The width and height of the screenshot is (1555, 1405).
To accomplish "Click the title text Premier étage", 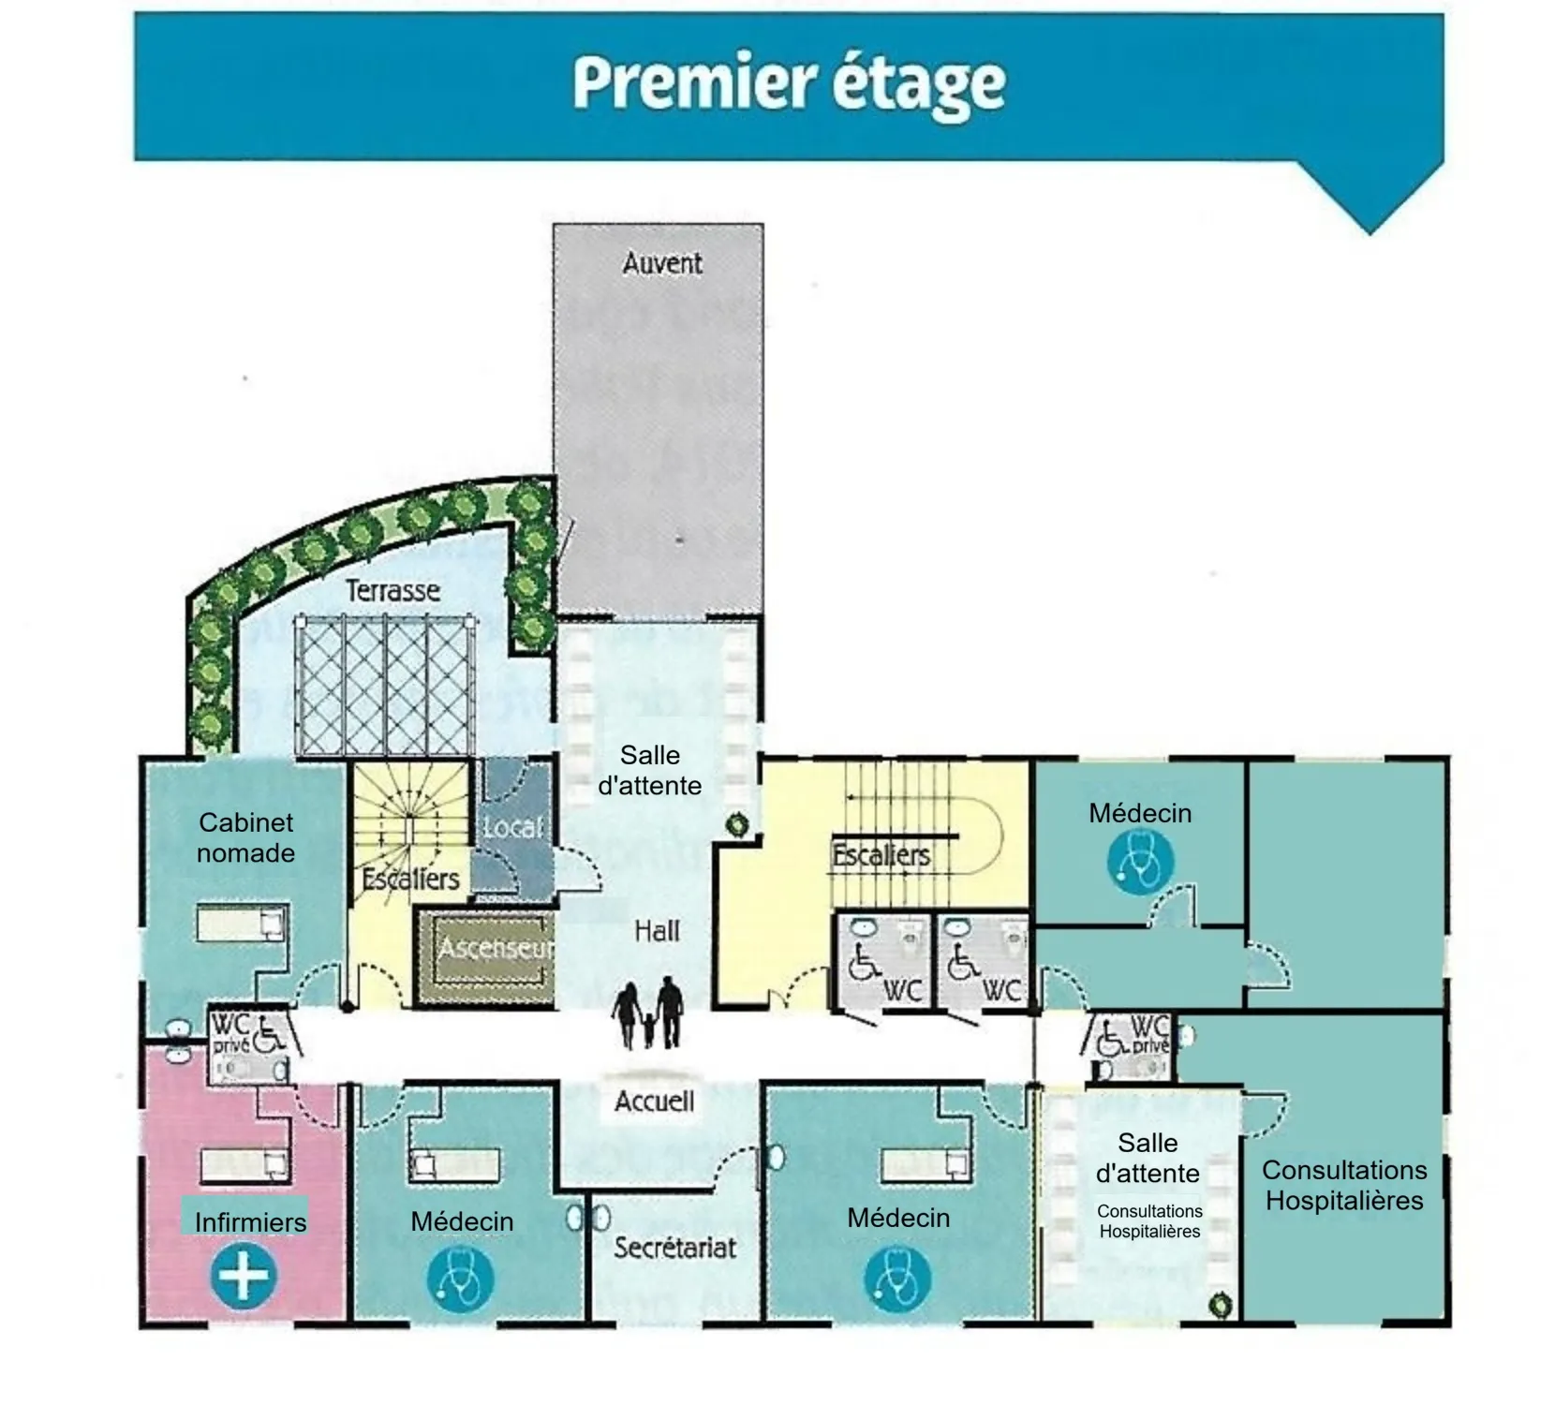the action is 789,85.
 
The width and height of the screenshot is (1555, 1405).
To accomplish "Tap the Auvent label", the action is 662,263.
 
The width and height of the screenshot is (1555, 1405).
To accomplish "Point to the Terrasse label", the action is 392,590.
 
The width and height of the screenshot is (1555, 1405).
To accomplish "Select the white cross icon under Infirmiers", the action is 244,1275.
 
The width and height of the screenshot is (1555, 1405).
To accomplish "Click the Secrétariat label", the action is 674,1248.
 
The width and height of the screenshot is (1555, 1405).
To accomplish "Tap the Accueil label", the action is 655,1101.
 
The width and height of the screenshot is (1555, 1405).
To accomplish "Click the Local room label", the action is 512,827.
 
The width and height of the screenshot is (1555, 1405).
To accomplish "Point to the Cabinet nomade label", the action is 245,837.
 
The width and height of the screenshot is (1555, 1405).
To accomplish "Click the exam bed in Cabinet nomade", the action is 241,924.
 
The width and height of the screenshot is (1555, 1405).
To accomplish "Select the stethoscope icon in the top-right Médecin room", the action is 1140,862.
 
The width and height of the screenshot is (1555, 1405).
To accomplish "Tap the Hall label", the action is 657,931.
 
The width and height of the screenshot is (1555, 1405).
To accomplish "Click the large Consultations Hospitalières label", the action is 1344,1185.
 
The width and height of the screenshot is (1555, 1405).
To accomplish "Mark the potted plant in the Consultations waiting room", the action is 1220,1304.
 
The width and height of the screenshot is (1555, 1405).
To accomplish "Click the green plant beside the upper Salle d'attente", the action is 738,825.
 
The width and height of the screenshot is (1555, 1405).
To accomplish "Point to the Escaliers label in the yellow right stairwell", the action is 881,855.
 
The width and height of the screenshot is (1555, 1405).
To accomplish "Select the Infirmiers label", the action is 250,1222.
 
